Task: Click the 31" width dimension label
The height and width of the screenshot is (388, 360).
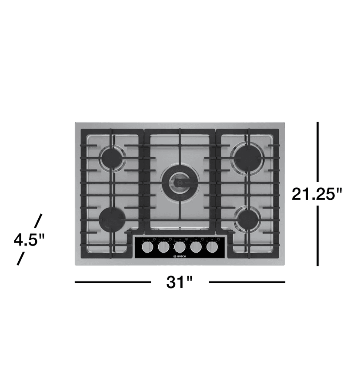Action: (x=180, y=282)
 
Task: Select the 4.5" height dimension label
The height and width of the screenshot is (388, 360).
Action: (x=29, y=240)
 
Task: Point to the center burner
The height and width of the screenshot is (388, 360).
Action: (x=179, y=181)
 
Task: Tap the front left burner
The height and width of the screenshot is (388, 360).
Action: (x=113, y=218)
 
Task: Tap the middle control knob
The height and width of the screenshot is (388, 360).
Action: (x=180, y=247)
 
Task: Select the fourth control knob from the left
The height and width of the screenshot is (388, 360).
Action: (x=196, y=247)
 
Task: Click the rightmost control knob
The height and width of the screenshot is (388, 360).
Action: (x=212, y=247)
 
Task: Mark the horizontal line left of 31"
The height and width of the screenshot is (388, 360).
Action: (x=113, y=282)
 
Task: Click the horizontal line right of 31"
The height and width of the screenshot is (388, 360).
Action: (x=247, y=282)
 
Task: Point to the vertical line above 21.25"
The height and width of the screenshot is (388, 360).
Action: (x=318, y=152)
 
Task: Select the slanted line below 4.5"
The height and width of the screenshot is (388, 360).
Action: (x=20, y=259)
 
